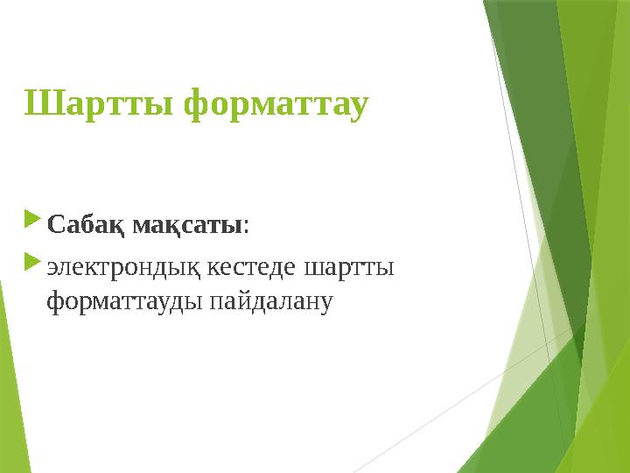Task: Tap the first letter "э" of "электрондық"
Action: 52,267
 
